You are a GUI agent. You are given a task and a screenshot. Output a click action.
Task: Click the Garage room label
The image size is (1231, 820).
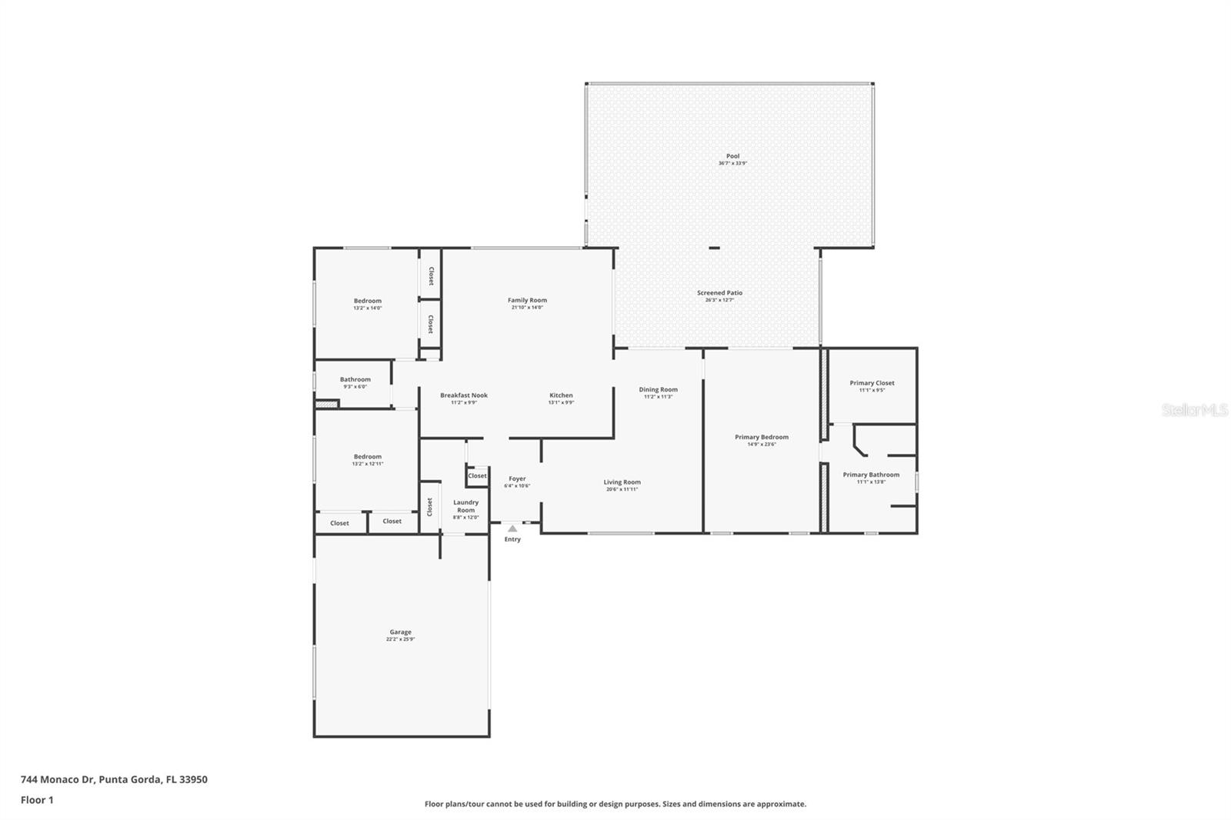coord(400,632)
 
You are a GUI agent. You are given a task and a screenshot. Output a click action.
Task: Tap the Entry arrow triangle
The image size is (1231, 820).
coord(512,528)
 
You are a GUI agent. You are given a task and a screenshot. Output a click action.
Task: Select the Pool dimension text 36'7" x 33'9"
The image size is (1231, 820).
coord(732,163)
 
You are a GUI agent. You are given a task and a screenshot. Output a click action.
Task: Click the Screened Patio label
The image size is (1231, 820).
coord(719,293)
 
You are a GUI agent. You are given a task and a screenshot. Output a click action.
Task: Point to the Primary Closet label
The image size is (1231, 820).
coord(872,383)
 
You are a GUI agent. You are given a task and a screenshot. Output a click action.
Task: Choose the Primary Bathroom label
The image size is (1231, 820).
coord(870,475)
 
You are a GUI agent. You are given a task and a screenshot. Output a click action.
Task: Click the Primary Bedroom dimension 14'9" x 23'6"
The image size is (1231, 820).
coord(761,445)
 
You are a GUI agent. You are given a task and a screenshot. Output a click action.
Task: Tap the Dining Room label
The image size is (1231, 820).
coord(658,390)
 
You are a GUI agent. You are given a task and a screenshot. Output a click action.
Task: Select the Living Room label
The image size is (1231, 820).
coord(622,482)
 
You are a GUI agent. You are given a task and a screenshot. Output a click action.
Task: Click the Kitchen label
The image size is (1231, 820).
coord(561,395)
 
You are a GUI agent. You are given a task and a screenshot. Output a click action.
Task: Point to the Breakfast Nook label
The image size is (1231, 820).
coord(463,395)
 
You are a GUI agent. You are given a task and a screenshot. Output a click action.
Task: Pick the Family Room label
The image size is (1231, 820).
coord(527,301)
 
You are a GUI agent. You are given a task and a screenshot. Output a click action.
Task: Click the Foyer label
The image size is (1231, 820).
coord(517,478)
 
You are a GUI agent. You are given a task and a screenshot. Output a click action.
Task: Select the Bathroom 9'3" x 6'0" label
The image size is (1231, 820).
coord(355,379)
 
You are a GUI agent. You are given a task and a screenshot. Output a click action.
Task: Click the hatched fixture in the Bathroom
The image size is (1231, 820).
coord(327,403)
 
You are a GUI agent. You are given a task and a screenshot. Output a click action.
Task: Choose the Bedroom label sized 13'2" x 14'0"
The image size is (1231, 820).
coord(367,302)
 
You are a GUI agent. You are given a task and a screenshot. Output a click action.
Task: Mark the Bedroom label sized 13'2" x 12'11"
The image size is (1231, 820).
coord(367,457)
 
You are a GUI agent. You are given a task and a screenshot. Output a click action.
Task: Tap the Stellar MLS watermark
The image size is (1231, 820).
coord(1194,411)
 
